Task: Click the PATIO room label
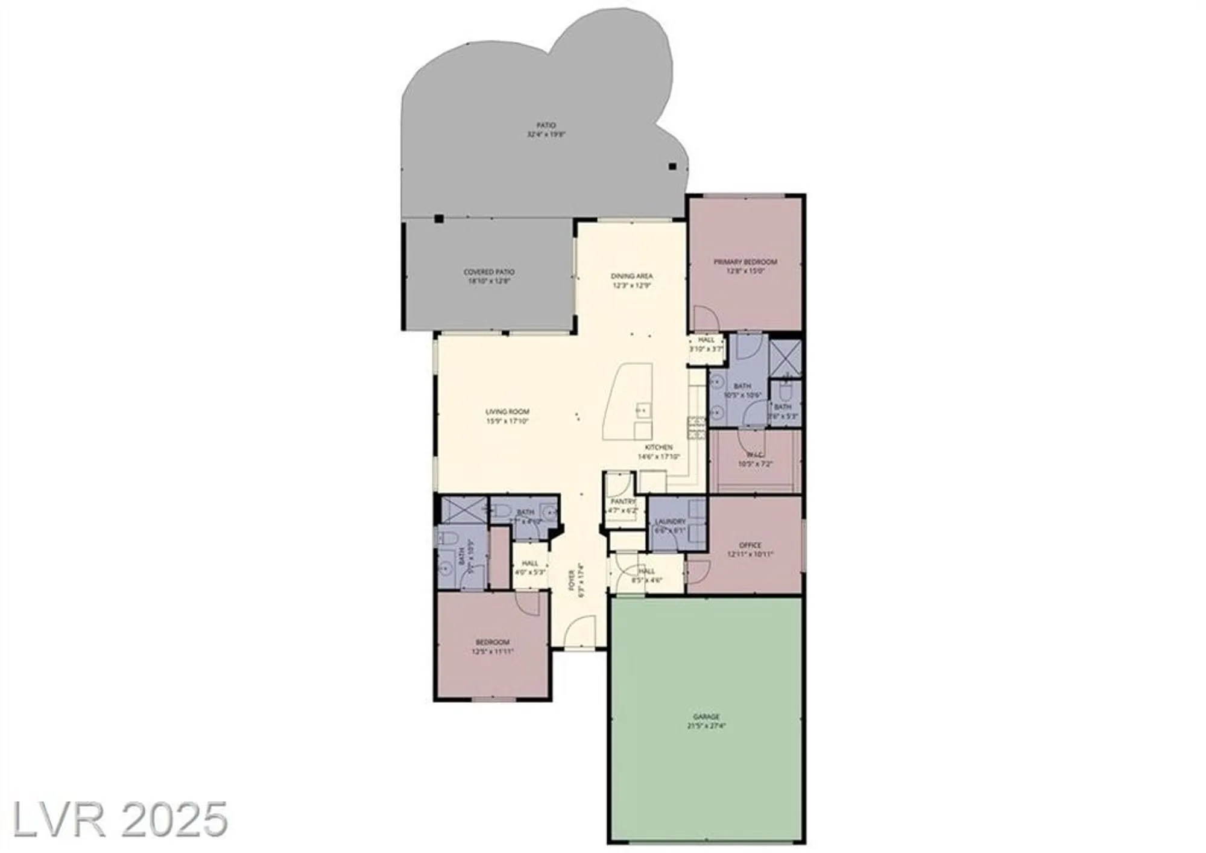[x=546, y=125]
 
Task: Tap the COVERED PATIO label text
[x=488, y=272]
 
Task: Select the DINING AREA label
[x=631, y=276]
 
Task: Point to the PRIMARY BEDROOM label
[x=745, y=262]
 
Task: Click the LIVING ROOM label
[x=507, y=412]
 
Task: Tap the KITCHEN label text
[x=658, y=448]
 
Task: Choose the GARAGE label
[x=706, y=717]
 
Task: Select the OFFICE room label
[x=750, y=545]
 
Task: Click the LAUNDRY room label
[x=670, y=521]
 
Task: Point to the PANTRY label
[x=623, y=501]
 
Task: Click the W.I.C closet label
[x=754, y=455]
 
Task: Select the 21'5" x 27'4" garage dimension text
[x=706, y=726]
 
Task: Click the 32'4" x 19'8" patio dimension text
[x=546, y=135]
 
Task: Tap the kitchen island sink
[x=642, y=410]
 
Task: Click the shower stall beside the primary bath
[x=785, y=358]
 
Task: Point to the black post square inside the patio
[x=672, y=167]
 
